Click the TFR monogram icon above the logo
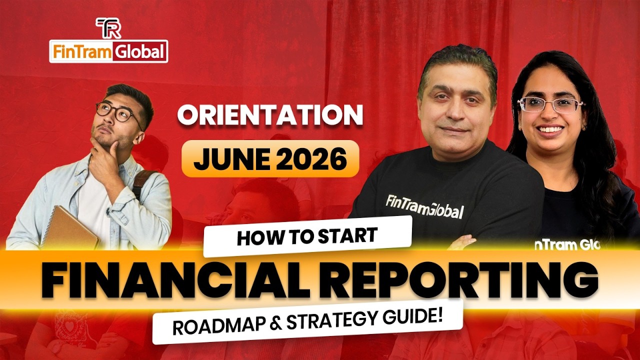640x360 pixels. (x=108, y=28)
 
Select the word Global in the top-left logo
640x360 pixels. (x=140, y=52)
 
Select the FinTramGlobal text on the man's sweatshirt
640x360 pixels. (x=424, y=206)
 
